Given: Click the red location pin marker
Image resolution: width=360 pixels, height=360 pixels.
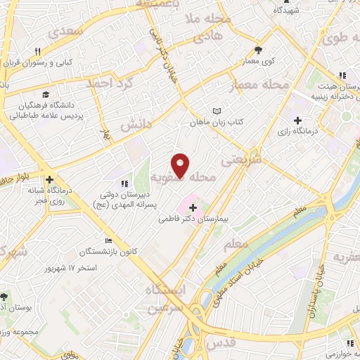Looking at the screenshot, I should [x=181, y=165].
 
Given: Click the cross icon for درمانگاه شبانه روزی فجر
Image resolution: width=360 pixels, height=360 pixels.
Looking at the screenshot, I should [x=49, y=179].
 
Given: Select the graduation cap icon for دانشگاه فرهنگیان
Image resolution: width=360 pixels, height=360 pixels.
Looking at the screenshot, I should [x=45, y=94].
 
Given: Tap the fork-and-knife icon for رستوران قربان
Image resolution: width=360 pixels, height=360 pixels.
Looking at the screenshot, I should [x=38, y=51].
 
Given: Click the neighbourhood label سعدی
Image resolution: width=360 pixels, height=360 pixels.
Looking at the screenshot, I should [x=82, y=31].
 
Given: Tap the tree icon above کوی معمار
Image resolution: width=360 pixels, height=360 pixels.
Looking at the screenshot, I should [x=259, y=50].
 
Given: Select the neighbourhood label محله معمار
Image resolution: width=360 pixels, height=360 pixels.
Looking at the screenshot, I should [x=261, y=85].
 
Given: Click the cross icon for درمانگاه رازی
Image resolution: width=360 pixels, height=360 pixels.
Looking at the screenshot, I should [x=298, y=120].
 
